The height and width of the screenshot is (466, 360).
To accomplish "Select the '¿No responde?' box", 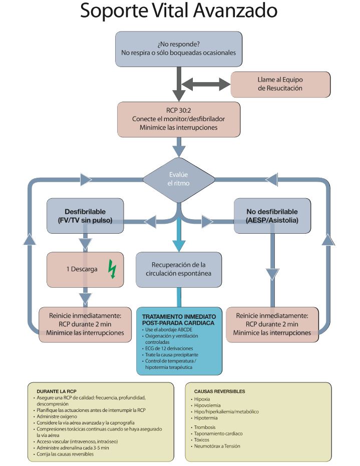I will click(179, 48).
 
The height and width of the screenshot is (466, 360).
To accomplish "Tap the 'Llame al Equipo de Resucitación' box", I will click(280, 84).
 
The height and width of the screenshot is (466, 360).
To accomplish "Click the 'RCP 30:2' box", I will click(179, 119).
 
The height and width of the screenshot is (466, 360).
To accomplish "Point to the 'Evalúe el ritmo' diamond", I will click(178, 179).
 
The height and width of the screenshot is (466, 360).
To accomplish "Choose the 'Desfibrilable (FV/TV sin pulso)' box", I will click(85, 216).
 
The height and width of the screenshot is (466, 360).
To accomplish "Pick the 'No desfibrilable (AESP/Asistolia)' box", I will click(272, 216).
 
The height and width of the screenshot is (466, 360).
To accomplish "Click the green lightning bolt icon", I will click(112, 269).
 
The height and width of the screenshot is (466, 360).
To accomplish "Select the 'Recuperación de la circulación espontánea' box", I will click(178, 269).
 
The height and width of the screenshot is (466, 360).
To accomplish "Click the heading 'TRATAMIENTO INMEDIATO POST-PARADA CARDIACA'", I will click(179, 320).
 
